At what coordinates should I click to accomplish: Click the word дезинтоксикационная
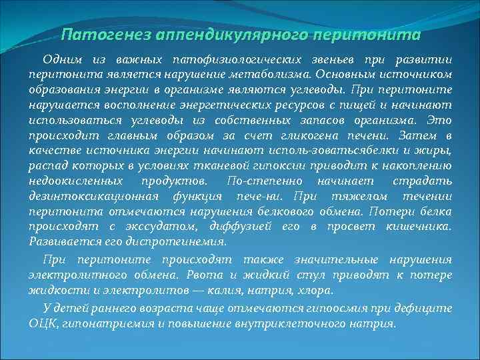tap(94, 197)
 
